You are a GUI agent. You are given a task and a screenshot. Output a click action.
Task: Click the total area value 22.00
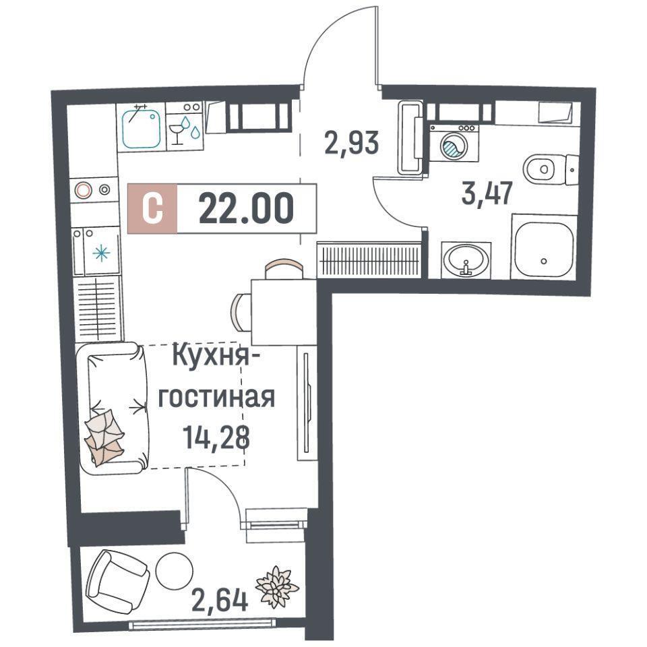point(247,209)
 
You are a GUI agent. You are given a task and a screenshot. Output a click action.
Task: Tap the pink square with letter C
point(152,209)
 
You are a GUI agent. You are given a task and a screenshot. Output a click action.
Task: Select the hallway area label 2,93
point(352,143)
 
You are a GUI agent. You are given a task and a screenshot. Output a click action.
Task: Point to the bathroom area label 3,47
point(487,193)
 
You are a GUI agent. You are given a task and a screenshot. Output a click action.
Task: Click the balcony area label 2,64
point(220,600)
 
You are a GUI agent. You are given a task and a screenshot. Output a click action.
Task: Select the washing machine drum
point(454,146)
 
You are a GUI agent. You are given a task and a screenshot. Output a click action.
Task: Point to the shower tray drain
point(544,261)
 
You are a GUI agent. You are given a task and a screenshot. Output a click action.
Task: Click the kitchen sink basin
point(141,127)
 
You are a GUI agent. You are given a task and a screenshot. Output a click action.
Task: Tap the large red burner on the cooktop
point(83,190)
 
